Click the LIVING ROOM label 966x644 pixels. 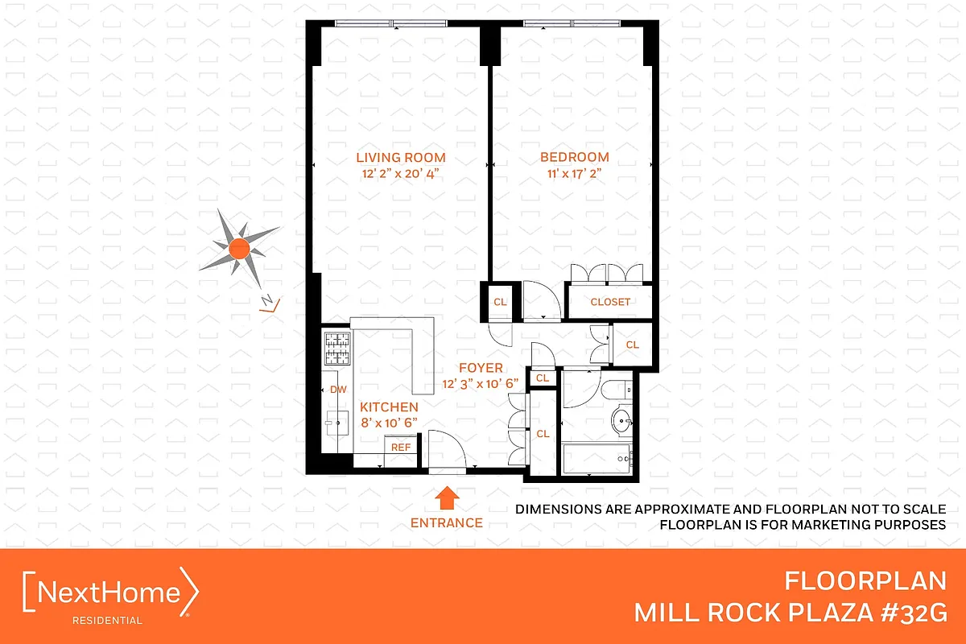pos(401,158)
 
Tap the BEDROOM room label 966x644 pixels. pos(574,158)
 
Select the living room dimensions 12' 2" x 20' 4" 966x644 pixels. pos(401,174)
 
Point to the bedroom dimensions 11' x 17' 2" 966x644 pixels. pos(574,174)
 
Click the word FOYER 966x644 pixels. pos(481,368)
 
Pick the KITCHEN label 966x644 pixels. pos(389,407)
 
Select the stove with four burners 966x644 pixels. pos(337,347)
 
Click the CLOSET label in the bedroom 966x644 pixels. pos(610,303)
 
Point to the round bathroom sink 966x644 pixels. pos(622,420)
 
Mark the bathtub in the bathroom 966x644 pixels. pos(596,458)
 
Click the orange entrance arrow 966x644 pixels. pos(447,497)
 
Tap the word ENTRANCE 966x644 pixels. pos(447,522)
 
